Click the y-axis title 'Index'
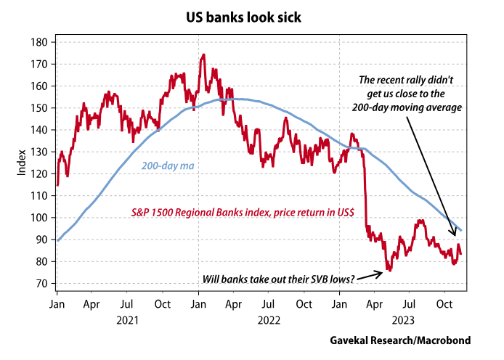21,163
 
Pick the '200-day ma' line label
167,167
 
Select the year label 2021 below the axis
127,319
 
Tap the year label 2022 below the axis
269,319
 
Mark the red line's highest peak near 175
203,54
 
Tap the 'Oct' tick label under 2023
445,303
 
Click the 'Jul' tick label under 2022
269,303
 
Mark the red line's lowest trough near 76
389,270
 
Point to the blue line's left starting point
57,240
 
